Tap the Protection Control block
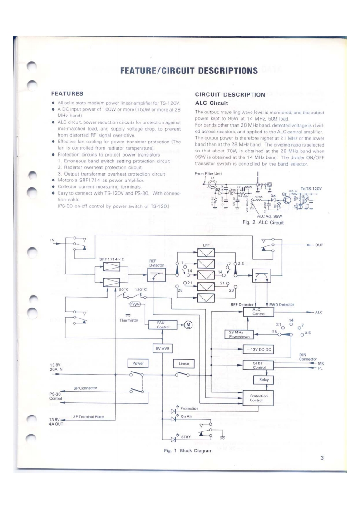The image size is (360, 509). coord(259,398)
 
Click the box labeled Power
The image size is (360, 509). coord(138,363)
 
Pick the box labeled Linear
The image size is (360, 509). coord(184,363)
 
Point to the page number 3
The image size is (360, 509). coord(321,458)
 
